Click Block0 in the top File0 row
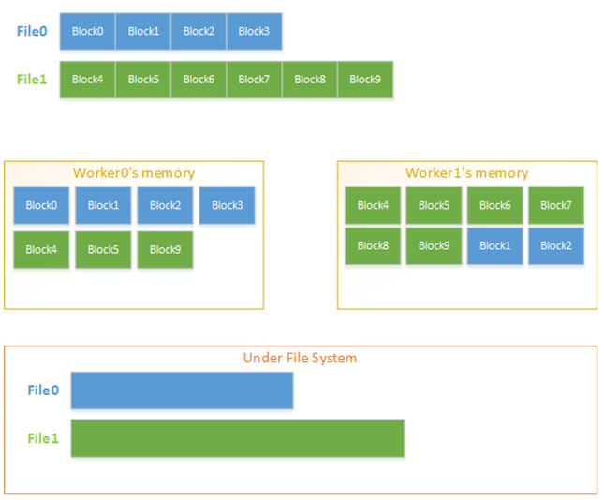(x=87, y=31)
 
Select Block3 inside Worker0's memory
(x=227, y=205)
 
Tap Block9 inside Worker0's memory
(x=165, y=250)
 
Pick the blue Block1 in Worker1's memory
(x=495, y=245)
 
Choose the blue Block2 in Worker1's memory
(x=556, y=245)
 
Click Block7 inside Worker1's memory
(x=556, y=205)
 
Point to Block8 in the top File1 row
(x=310, y=80)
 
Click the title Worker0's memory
(x=134, y=173)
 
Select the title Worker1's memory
(x=467, y=173)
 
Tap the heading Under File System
(x=300, y=358)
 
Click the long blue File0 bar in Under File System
(x=183, y=390)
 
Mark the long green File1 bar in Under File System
(x=238, y=438)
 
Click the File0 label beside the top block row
(x=32, y=31)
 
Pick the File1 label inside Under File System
(x=43, y=438)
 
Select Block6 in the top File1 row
(x=199, y=80)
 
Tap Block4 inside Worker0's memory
(x=41, y=250)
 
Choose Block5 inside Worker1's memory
(x=435, y=205)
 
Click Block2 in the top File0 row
(x=199, y=31)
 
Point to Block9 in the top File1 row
(x=365, y=80)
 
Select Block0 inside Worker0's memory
(x=41, y=205)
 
